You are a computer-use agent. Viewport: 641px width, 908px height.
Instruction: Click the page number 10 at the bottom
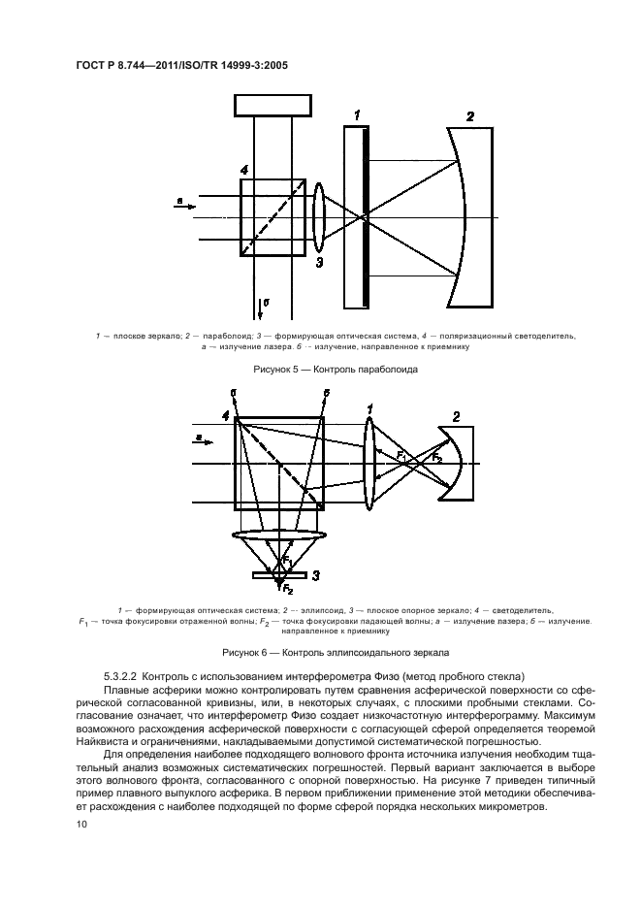click(81, 825)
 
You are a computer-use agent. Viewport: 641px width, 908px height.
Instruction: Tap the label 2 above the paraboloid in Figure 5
click(470, 116)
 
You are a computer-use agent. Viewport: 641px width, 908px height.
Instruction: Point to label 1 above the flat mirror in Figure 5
click(357, 116)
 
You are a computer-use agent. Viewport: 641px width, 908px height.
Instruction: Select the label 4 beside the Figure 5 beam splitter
click(244, 172)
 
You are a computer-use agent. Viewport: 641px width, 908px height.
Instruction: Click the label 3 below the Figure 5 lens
click(319, 262)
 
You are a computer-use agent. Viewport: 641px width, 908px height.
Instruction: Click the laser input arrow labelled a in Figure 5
click(185, 205)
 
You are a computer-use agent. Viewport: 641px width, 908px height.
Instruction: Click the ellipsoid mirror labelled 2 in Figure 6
click(456, 465)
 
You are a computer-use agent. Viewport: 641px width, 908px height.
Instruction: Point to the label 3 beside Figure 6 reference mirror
click(316, 574)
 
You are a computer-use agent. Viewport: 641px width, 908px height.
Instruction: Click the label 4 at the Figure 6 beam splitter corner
click(225, 415)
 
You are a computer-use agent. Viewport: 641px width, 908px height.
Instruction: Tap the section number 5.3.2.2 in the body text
click(123, 675)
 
